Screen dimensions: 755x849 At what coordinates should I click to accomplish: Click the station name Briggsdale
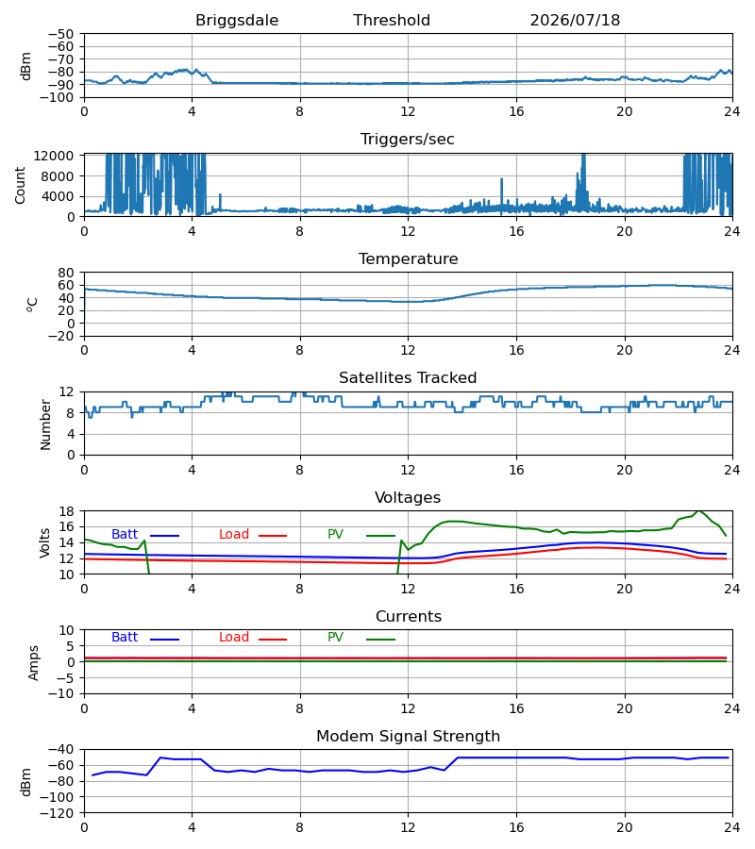click(237, 21)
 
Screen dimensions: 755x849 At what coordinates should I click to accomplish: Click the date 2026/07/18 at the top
click(575, 21)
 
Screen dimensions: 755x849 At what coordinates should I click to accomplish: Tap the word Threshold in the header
click(392, 21)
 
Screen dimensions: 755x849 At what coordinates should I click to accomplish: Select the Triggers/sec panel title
click(408, 140)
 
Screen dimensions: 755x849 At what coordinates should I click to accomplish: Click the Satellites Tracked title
click(408, 378)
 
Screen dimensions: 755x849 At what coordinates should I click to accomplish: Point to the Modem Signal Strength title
click(408, 737)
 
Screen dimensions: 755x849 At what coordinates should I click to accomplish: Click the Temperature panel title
click(408, 258)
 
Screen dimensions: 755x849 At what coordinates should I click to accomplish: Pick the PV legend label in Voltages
click(335, 535)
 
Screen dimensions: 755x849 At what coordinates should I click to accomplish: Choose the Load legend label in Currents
click(234, 638)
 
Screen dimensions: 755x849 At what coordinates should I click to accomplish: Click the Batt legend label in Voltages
click(125, 535)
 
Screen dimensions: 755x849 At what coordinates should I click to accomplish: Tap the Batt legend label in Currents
click(125, 638)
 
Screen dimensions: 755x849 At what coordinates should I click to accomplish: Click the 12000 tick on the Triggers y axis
click(54, 156)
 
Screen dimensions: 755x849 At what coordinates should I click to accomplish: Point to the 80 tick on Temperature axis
click(66, 273)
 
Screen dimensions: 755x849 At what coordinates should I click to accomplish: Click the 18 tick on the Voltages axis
click(66, 511)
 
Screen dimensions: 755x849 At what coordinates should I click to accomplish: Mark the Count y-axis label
click(20, 185)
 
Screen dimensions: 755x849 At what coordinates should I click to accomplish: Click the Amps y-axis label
click(34, 662)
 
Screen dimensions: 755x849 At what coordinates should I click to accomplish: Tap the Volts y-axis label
click(44, 542)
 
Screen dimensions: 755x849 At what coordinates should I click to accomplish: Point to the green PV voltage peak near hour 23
click(699, 510)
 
